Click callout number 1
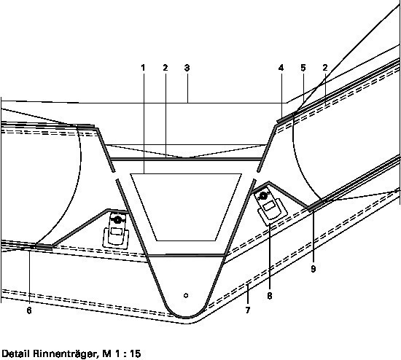(143, 68)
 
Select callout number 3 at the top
(187, 68)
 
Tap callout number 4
(281, 68)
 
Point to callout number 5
(303, 68)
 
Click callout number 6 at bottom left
(29, 310)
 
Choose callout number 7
(248, 310)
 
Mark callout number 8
(270, 296)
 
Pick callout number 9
(314, 269)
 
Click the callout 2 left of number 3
(166, 68)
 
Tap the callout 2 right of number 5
(325, 68)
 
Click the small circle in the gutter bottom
(186, 296)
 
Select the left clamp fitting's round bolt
(117, 219)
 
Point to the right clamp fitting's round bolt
(263, 196)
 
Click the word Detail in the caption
(16, 354)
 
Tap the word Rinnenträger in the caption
(65, 354)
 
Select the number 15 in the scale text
(136, 354)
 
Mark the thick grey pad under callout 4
(285, 119)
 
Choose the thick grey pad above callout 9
(315, 206)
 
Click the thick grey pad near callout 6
(44, 247)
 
